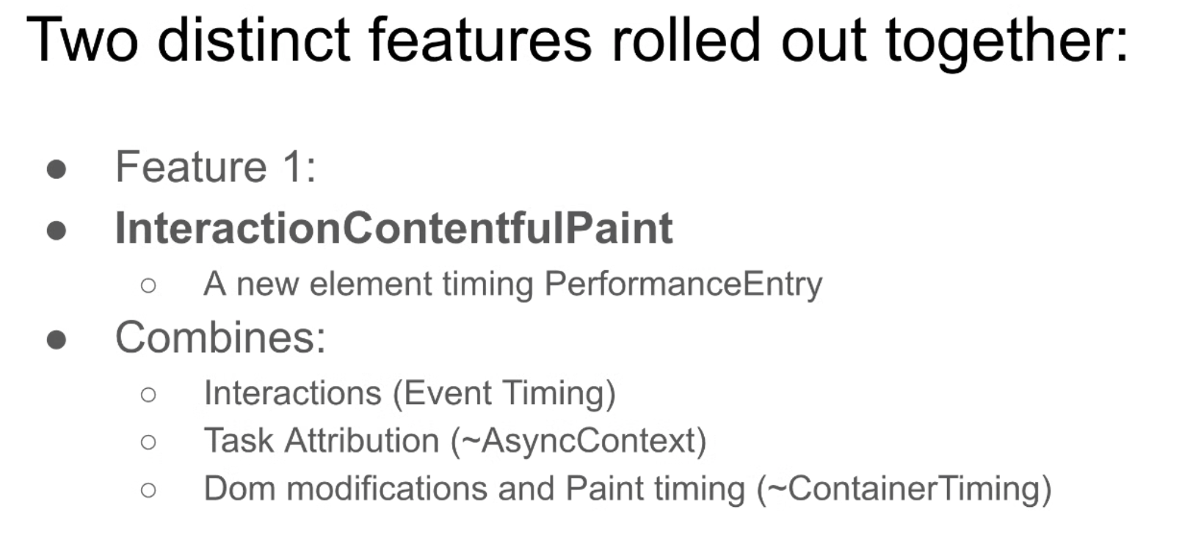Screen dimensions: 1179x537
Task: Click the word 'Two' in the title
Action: tap(82, 40)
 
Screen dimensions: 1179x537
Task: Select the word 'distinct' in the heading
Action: tap(254, 40)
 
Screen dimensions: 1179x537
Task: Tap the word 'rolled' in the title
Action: tap(686, 40)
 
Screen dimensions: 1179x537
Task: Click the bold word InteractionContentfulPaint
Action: tap(394, 227)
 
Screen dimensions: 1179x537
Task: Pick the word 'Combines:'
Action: tap(220, 337)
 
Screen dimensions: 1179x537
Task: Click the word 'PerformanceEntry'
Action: tap(683, 285)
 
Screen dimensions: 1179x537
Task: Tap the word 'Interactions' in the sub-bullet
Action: tap(293, 393)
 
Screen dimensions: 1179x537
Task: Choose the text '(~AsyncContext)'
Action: tap(578, 441)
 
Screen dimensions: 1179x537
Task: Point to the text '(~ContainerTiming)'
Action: tap(904, 489)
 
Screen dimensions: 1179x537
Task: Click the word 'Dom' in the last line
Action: tap(239, 489)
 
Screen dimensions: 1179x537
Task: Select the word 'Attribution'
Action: tap(362, 440)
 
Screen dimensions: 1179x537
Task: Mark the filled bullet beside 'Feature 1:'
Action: tap(57, 169)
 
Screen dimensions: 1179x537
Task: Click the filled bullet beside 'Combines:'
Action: tap(57, 339)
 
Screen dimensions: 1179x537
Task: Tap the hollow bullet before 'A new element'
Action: tap(148, 285)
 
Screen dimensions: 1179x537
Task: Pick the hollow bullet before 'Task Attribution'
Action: tap(148, 442)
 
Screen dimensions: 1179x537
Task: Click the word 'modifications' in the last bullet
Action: tap(387, 489)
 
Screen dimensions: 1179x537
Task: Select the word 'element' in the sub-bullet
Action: tap(371, 284)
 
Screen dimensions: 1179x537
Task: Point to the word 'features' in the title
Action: tap(480, 40)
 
